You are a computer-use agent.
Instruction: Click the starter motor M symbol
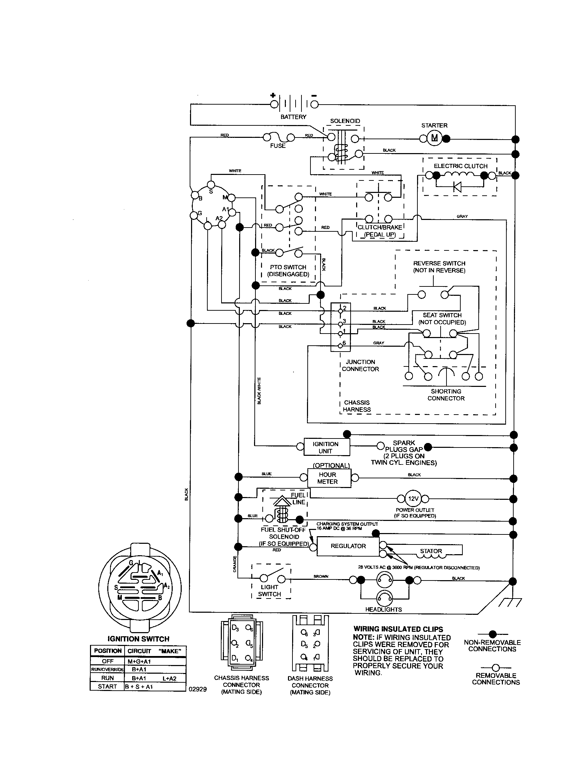coord(434,139)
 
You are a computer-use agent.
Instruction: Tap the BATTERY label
coord(293,117)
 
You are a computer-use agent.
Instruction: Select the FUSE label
coord(278,145)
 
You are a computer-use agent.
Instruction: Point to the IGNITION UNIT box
coord(326,447)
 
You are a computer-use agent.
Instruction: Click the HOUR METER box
coord(327,478)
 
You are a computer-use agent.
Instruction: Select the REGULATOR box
coord(348,546)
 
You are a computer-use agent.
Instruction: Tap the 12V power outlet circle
coord(413,498)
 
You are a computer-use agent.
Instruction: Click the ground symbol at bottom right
coord(510,603)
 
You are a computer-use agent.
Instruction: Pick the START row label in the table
coord(107,686)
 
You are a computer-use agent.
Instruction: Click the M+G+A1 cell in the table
coord(139,661)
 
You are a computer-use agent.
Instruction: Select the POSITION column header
coord(107,651)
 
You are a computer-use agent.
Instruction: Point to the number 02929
coord(198,689)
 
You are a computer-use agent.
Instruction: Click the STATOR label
coord(431,551)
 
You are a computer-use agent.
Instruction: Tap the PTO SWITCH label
coord(288,267)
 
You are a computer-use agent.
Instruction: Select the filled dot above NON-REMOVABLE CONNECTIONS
coord(493,634)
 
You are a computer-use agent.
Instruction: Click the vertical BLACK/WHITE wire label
coord(259,391)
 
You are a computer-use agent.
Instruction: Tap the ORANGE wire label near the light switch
coord(235,564)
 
